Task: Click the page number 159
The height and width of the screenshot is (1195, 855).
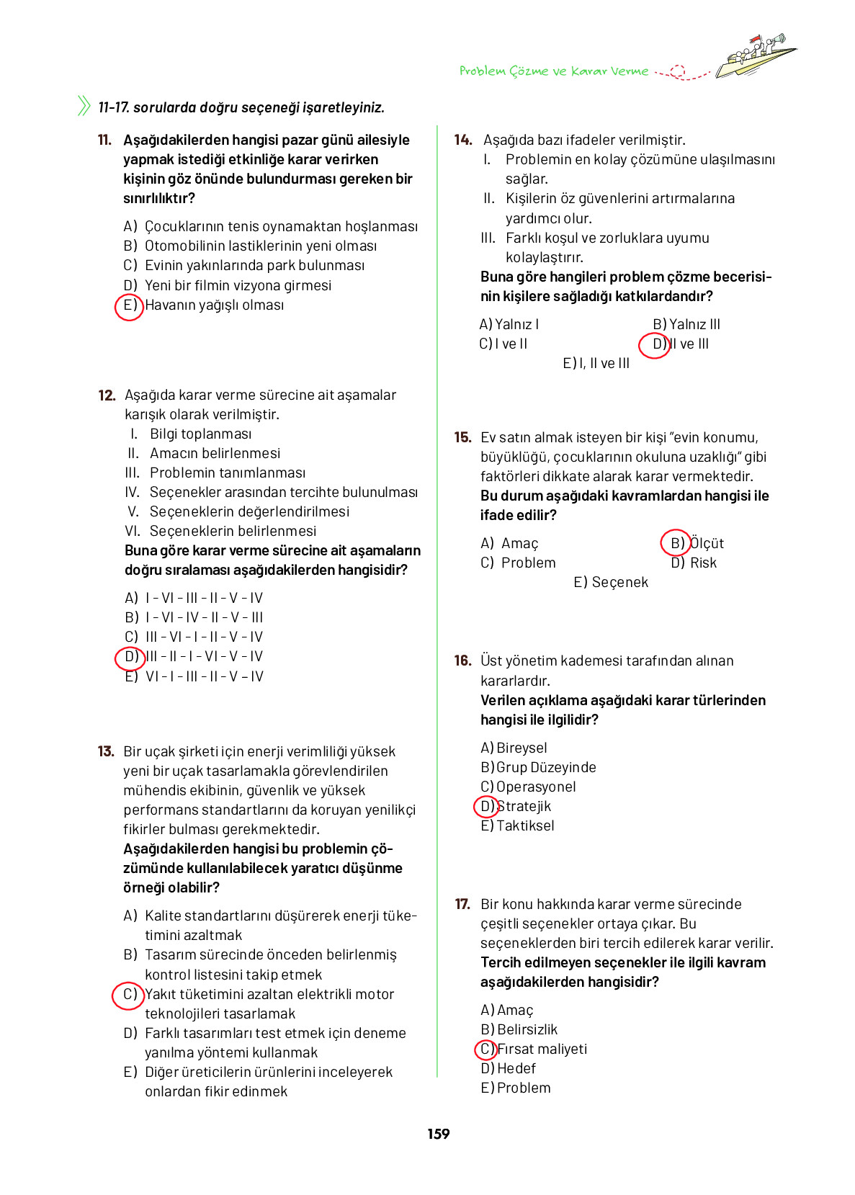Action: pos(438,1134)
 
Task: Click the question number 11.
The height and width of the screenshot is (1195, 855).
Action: pos(104,140)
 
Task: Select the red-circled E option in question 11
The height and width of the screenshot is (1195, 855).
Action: pos(129,305)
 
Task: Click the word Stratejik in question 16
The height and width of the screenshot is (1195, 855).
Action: pos(524,806)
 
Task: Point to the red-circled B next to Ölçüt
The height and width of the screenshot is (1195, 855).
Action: pos(676,543)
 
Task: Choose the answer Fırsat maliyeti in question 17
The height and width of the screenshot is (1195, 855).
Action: pos(542,1049)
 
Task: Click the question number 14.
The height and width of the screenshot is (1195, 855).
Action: pos(462,140)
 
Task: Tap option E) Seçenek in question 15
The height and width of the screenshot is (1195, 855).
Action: pos(611,582)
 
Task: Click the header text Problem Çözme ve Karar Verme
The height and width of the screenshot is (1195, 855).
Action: pos(553,71)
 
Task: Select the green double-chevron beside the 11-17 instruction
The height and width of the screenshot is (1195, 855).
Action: pos(84,106)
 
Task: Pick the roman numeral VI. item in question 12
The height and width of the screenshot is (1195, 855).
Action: pos(133,531)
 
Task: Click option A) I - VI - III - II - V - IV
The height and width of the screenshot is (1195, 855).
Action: pos(194,598)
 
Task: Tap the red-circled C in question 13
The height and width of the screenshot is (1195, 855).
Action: pos(128,995)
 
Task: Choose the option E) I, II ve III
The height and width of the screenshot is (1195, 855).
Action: pos(596,363)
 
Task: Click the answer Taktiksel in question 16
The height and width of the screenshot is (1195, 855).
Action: pos(525,825)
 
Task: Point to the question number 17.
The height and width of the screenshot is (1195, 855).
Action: pos(462,904)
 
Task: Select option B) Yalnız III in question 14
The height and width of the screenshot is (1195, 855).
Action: pos(686,324)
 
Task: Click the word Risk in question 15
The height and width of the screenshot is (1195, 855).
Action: pos(703,563)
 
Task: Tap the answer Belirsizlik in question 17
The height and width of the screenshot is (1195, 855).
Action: pos(527,1029)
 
